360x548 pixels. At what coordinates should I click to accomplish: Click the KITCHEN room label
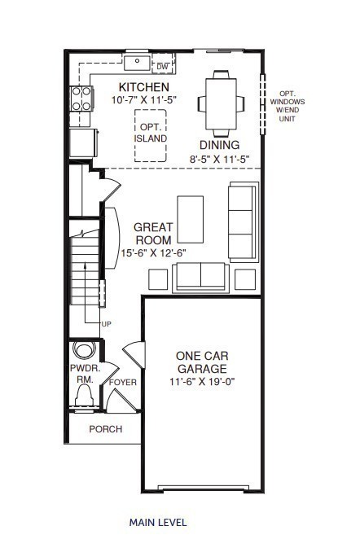coord(144,87)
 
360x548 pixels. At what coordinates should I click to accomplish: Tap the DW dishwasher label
coord(162,67)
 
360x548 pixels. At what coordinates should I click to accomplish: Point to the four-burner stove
coord(81,99)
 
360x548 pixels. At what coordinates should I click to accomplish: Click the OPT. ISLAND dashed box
coord(152,134)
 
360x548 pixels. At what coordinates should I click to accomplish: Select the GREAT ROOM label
coord(153,234)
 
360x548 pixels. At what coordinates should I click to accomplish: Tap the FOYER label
coord(123,382)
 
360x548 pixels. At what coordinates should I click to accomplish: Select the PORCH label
coord(106,429)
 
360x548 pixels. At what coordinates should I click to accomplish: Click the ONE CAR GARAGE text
coord(201,362)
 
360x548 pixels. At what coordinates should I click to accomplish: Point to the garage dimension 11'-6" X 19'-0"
coord(201,381)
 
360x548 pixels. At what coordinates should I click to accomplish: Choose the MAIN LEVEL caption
coord(158,522)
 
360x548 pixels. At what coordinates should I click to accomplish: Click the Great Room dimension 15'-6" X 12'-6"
coord(153,252)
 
